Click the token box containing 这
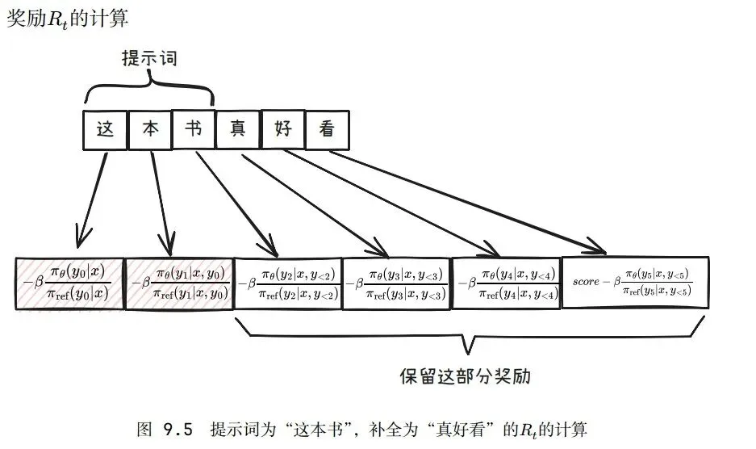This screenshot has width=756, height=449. point(106,129)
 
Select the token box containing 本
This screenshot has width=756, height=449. point(150,129)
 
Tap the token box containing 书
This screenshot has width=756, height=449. point(194,129)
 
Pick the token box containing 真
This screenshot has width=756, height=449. point(238,129)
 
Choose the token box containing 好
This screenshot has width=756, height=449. point(282,129)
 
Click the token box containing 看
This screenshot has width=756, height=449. point(327,129)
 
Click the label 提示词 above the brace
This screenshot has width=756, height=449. point(149,58)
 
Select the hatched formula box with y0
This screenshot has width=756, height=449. point(70,282)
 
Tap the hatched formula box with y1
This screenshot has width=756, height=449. point(179,282)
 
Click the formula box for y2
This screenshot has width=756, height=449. point(288,282)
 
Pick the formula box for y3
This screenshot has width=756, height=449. point(397,282)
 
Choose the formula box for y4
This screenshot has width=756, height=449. point(507,282)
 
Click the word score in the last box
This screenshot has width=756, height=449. point(587,282)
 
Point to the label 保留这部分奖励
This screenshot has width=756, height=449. point(466,377)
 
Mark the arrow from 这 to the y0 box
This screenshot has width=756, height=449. point(92,198)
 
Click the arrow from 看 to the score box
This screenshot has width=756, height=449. point(468,202)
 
